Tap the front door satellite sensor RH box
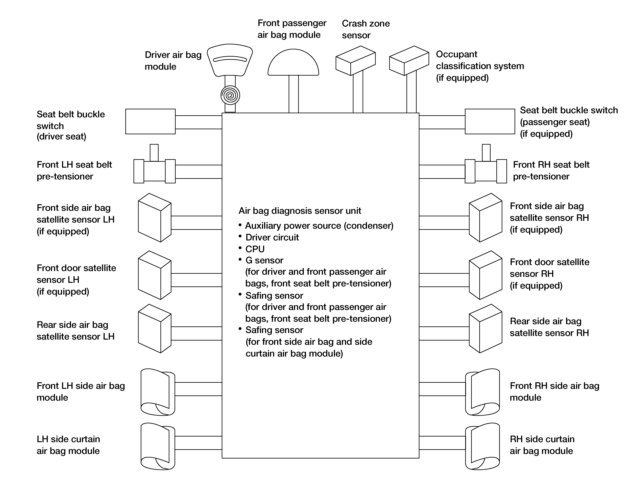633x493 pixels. (485, 275)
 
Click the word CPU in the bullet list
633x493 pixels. (255, 249)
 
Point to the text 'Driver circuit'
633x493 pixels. (272, 237)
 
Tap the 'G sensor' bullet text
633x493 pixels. (264, 260)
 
